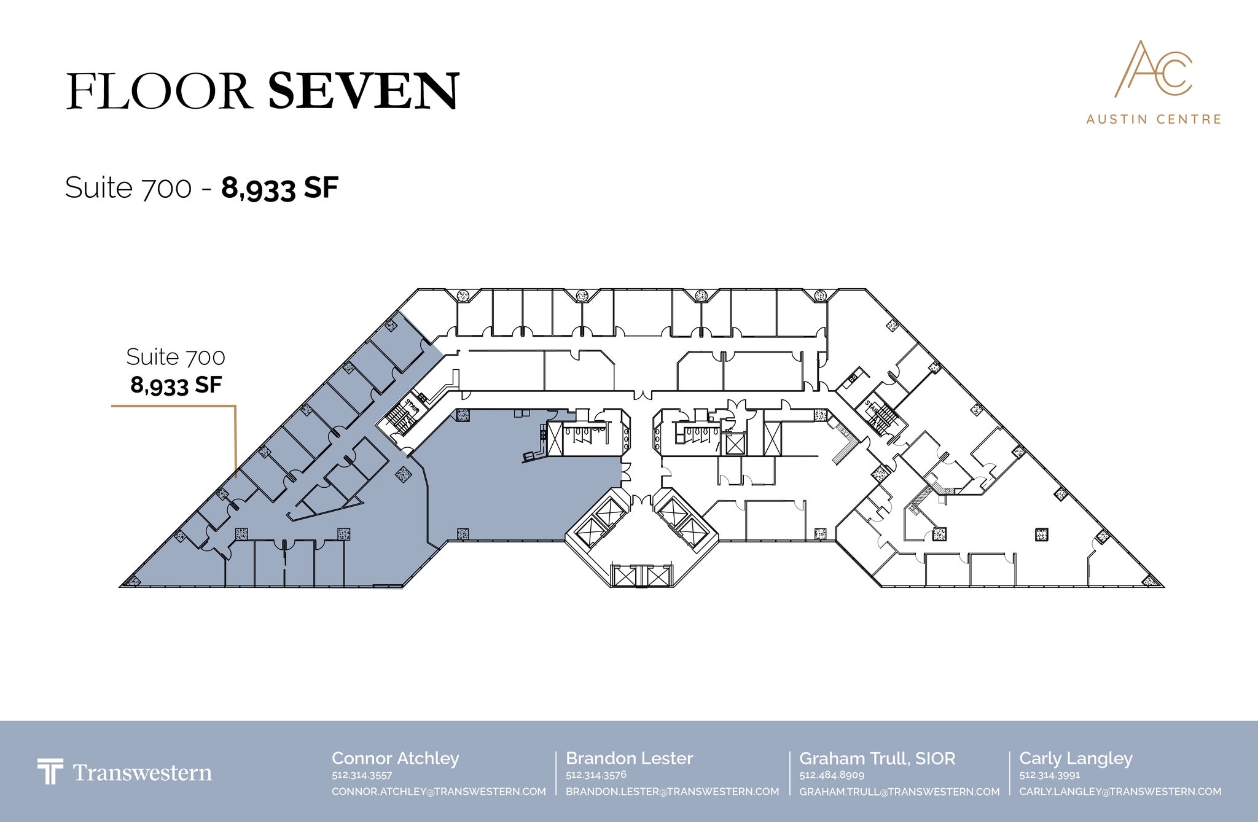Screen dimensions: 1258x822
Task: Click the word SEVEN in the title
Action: (x=364, y=91)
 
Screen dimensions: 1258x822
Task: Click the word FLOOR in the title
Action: (x=158, y=92)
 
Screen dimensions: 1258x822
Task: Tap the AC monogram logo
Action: (x=1153, y=69)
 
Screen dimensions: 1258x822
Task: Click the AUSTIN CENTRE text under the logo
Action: (x=1154, y=119)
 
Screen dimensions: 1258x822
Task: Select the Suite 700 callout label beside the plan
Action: (x=176, y=356)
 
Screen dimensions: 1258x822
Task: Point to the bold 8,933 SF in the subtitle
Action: (x=280, y=188)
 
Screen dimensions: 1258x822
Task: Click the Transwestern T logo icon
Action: (x=50, y=772)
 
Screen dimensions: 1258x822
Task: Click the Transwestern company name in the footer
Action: (x=143, y=773)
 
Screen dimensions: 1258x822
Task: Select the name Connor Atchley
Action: (x=396, y=759)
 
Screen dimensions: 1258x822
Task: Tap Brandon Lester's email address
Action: (x=672, y=791)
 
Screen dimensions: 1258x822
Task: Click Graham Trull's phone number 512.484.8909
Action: (x=832, y=775)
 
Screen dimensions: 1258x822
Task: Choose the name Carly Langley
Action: (x=1076, y=759)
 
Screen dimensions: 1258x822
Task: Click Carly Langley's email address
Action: (x=1120, y=791)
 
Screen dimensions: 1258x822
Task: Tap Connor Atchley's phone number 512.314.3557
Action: (x=362, y=775)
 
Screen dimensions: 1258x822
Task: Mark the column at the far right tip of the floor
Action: (x=1149, y=580)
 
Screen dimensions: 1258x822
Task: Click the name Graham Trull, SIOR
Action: (x=877, y=759)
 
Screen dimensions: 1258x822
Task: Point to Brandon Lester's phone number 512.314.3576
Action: (x=596, y=775)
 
